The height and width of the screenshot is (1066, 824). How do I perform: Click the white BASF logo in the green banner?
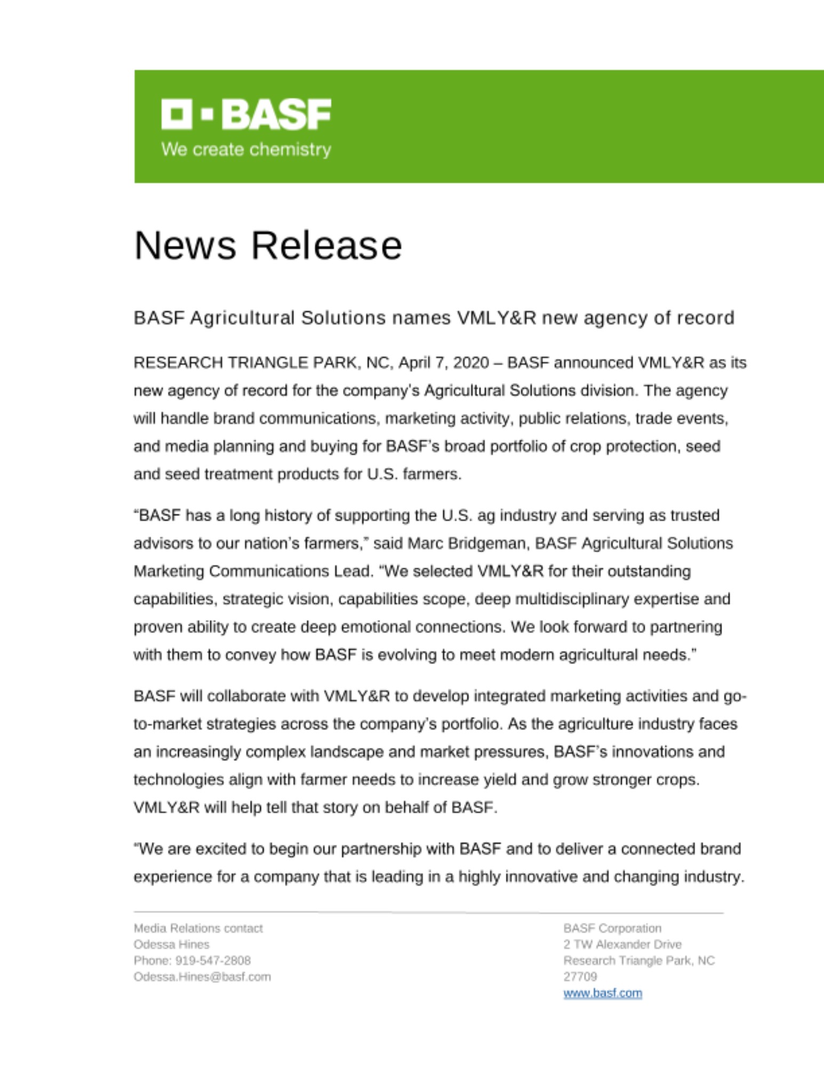tap(246, 114)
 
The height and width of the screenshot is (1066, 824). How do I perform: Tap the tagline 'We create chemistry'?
tap(246, 149)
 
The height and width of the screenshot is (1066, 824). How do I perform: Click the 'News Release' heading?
tap(268, 246)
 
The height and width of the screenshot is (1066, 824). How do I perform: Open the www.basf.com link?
tap(603, 993)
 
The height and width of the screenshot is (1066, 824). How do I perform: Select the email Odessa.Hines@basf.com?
tap(202, 976)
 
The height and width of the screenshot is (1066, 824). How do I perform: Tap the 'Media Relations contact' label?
tap(198, 928)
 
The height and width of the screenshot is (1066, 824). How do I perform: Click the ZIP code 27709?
tap(580, 976)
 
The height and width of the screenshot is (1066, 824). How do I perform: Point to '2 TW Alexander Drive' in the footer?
tap(622, 944)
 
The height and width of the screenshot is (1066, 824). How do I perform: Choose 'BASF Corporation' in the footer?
tap(612, 928)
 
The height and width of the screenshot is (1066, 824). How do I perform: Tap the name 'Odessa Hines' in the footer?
tap(171, 944)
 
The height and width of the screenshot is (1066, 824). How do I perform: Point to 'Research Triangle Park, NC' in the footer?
tap(639, 960)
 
